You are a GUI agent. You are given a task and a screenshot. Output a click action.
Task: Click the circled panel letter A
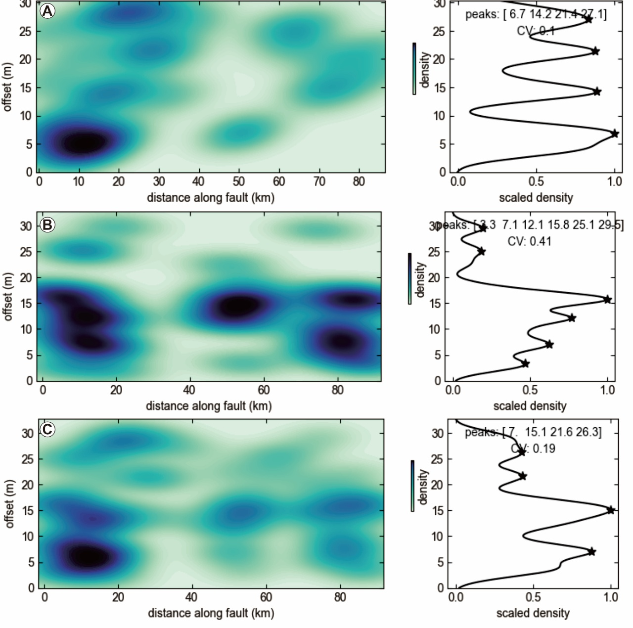point(47,11)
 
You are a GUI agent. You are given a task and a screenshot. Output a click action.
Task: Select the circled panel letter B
point(47,225)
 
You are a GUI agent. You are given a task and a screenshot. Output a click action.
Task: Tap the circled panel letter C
point(47,429)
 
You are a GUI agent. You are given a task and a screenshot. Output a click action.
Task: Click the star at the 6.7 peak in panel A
point(615,134)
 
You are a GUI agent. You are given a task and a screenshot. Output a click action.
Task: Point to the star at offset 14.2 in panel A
point(597,91)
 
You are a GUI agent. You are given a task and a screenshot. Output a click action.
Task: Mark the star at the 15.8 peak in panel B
point(607,300)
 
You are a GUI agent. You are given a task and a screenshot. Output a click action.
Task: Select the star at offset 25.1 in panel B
point(481,252)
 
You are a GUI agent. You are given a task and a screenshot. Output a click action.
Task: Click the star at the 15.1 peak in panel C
point(611,510)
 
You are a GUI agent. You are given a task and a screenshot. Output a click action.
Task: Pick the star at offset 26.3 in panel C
point(521,452)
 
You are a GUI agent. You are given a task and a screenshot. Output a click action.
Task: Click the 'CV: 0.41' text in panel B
point(529,241)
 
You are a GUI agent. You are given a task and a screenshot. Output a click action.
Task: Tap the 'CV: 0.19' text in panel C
point(533,449)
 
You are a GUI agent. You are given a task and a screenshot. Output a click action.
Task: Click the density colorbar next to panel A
point(414,68)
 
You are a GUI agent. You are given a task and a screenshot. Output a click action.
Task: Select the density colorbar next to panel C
point(412,486)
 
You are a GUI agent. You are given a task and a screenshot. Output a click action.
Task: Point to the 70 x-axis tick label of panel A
point(319,181)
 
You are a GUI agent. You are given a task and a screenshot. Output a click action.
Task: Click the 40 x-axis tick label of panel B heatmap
point(189,390)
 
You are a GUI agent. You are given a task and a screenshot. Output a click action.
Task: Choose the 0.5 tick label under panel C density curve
point(533,597)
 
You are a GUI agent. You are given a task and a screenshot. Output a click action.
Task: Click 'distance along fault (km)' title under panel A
point(211,198)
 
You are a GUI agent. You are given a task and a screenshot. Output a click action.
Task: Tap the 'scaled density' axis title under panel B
point(530,406)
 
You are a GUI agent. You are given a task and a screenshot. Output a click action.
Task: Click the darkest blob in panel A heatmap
point(83,143)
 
